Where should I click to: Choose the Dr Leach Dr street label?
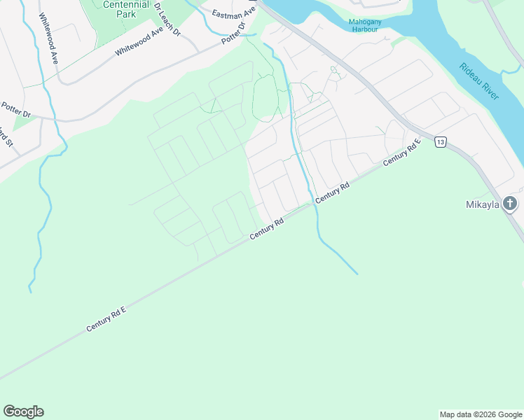pos(167,19)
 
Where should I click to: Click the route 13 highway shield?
pos(440,141)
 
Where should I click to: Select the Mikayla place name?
pos(483,204)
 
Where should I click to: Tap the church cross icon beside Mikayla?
pos(511,204)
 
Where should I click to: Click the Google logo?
pos(23,412)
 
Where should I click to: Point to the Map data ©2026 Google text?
pos(481,414)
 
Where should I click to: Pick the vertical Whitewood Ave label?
pos(48,38)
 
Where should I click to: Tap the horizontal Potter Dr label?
pos(16,113)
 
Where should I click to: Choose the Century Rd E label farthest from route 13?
pos(106,318)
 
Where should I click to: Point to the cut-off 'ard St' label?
pos(6,137)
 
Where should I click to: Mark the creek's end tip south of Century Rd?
pos(357,274)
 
